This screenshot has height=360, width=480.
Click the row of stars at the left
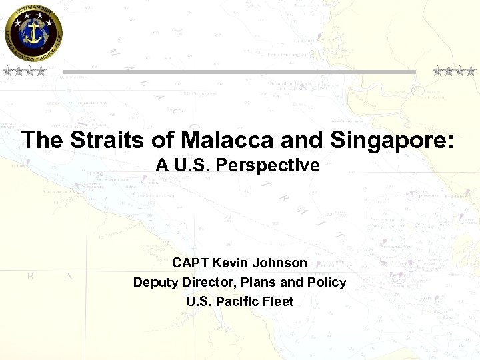pos(23,71)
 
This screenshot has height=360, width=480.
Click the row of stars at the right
pos(454,71)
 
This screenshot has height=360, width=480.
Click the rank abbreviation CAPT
pos(191,263)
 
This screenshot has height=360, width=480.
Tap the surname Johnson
pos(282,263)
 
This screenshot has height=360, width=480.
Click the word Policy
pos(327,282)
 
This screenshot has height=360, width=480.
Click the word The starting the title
pos(42,140)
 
